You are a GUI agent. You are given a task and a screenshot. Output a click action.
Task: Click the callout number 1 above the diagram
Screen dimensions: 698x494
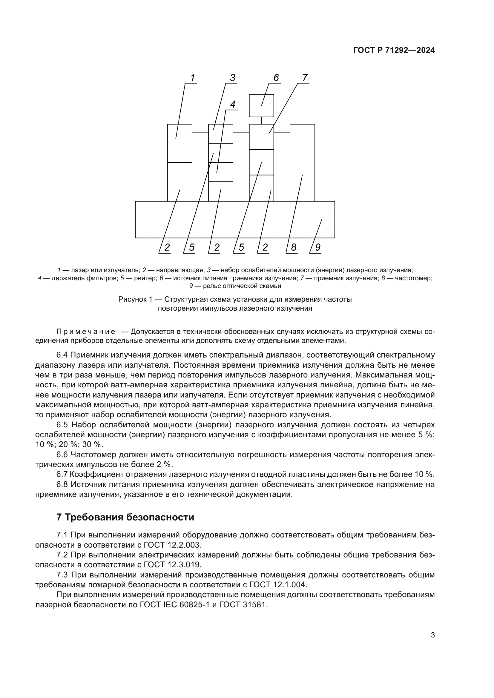click(192, 78)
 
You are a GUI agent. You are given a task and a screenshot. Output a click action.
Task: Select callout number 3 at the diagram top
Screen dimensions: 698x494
click(233, 78)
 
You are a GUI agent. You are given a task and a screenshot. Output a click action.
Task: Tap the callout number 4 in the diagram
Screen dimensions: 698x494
click(233, 104)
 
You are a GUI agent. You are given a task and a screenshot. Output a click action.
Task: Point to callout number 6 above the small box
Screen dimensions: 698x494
click(276, 78)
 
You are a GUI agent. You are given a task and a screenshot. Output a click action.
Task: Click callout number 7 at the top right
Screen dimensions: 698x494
click(305, 78)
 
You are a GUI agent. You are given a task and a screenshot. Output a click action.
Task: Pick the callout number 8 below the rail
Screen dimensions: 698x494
click(294, 247)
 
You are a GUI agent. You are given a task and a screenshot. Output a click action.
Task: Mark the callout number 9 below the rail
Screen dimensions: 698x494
click(317, 247)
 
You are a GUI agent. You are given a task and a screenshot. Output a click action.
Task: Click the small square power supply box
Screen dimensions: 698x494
click(261, 105)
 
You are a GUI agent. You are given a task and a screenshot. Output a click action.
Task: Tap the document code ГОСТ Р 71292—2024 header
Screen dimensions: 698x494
click(394, 50)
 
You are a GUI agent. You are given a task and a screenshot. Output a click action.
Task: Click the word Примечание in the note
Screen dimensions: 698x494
click(86, 332)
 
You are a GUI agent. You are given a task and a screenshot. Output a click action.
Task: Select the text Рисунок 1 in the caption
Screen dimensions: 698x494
click(135, 299)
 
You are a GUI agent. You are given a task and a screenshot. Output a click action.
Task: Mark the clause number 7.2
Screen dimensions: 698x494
click(62, 555)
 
